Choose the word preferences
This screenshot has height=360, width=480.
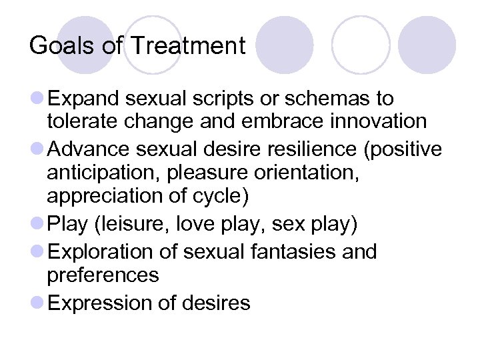click(x=103, y=275)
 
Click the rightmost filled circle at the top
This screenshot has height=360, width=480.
click(x=427, y=45)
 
